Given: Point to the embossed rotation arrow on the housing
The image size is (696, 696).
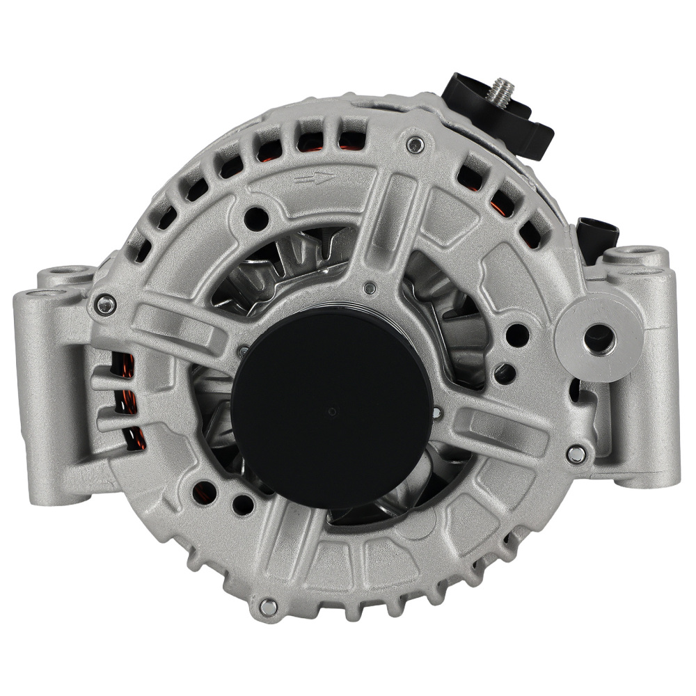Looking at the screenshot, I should (x=314, y=180).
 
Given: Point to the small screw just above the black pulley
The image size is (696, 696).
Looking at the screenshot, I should (x=370, y=287).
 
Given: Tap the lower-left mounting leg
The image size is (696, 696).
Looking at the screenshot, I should (x=49, y=432).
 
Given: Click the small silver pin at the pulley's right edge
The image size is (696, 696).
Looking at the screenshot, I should (x=436, y=413).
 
